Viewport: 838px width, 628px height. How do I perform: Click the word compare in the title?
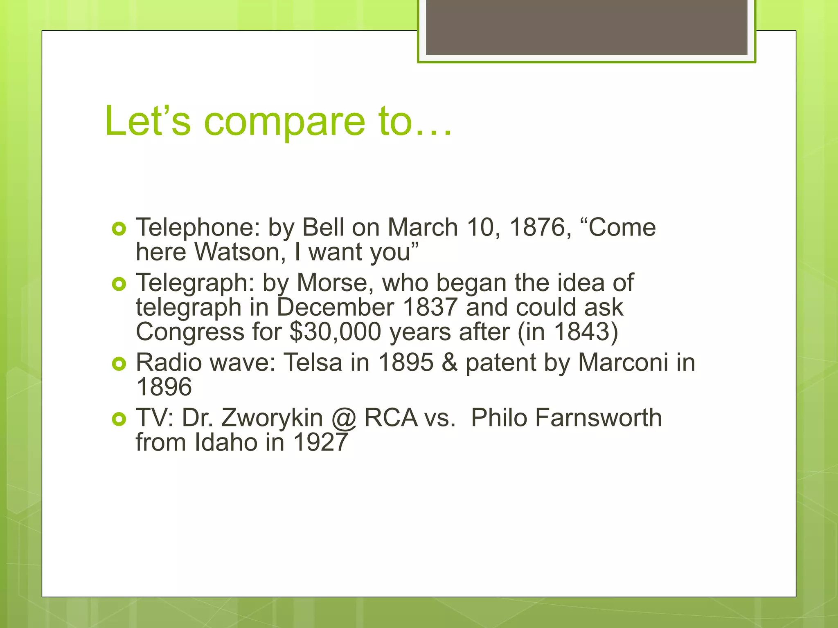284,121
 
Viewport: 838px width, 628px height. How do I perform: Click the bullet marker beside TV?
119,419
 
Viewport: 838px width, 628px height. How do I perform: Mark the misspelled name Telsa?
313,362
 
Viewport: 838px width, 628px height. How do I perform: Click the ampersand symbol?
449,362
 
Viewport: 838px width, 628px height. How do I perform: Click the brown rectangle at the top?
586,27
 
